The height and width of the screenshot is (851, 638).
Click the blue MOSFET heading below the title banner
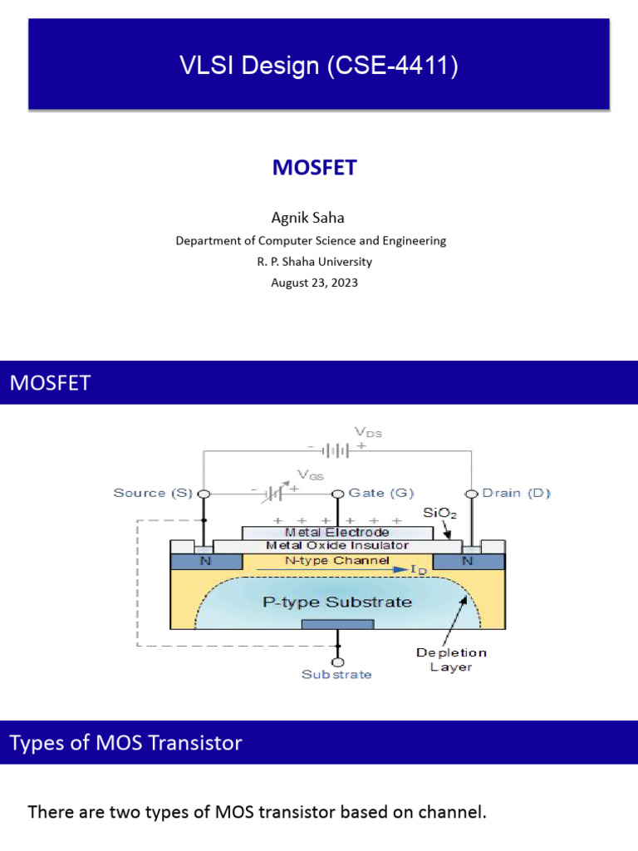(x=315, y=168)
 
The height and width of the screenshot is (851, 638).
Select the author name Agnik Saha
(x=308, y=218)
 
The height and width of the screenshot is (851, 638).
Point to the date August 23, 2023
(x=315, y=283)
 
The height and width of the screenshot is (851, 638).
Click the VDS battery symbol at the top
(x=336, y=450)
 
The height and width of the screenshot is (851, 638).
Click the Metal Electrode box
(x=336, y=532)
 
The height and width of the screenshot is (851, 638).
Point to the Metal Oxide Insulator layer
(x=336, y=546)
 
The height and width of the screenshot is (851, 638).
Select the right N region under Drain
(x=468, y=561)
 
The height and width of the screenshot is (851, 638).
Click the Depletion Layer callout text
(x=451, y=660)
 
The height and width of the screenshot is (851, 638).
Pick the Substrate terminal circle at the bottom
(x=337, y=662)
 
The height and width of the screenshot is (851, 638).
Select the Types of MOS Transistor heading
(x=126, y=742)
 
